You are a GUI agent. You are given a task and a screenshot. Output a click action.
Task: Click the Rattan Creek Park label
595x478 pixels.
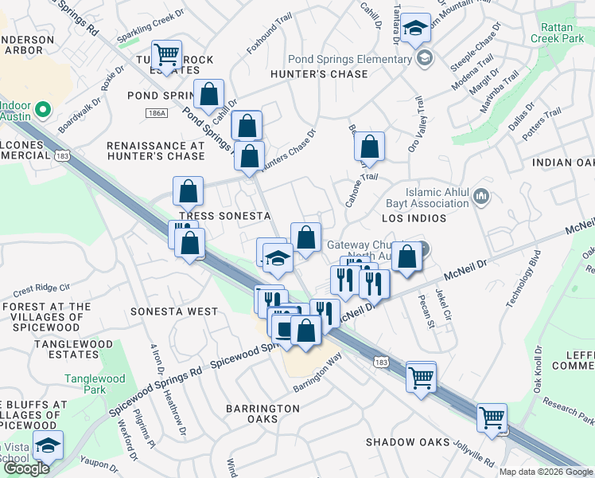[562, 33]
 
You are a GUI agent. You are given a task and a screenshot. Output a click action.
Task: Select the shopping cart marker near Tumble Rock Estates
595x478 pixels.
[166, 55]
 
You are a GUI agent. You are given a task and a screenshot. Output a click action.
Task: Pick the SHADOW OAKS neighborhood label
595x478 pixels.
[407, 442]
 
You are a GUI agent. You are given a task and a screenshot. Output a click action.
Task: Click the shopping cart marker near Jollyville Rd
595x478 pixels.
[492, 416]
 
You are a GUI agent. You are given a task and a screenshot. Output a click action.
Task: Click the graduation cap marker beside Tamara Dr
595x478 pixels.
[414, 29]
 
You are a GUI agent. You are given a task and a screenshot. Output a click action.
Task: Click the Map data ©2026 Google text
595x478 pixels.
[546, 472]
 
